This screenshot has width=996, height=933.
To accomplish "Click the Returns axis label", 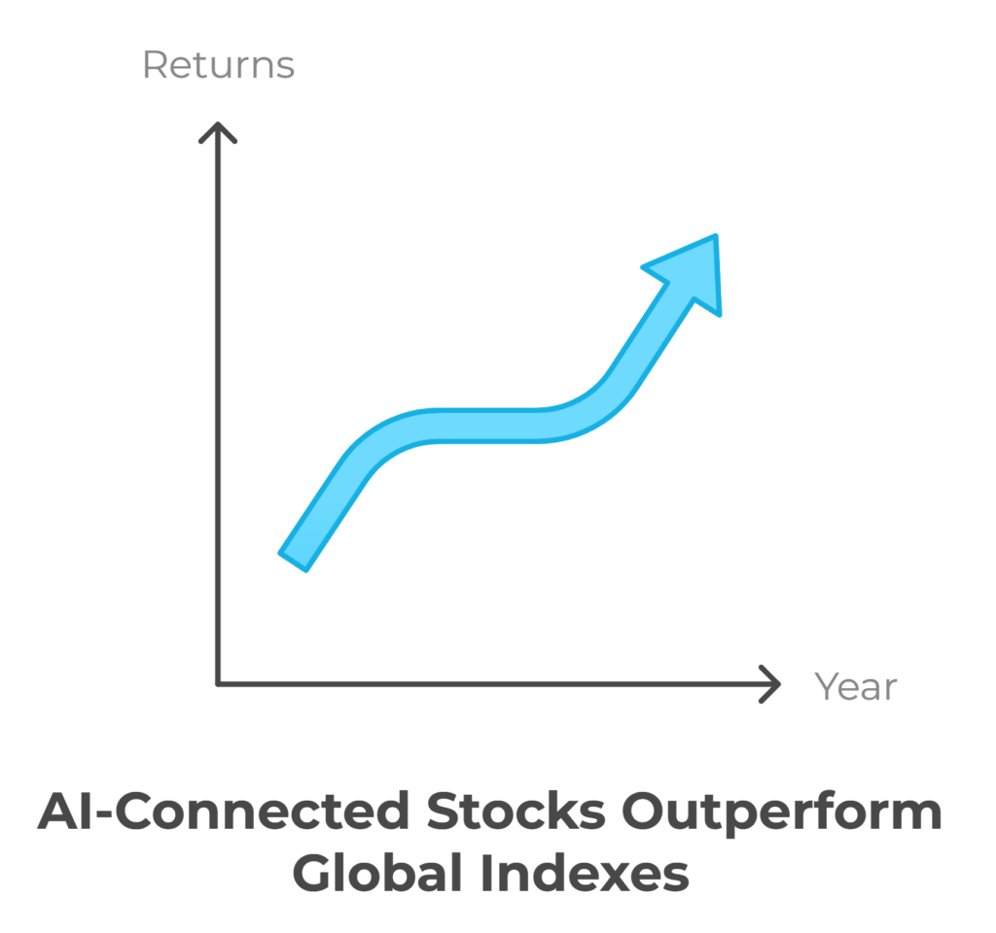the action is (219, 65).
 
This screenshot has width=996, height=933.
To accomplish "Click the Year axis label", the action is (856, 686).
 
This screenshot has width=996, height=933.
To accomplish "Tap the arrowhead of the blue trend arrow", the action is (689, 270).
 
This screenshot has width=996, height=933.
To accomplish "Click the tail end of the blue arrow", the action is (294, 561).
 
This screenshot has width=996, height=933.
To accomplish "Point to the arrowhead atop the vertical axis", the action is (218, 132).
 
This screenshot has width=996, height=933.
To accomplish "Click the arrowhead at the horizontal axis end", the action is (770, 684).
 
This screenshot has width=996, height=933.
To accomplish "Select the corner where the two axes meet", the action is (218, 684).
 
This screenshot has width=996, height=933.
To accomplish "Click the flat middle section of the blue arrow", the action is (489, 426).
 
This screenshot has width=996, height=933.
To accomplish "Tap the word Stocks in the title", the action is (516, 812).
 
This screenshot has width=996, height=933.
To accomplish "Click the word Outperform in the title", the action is (782, 813).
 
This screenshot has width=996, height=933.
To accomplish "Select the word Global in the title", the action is (377, 874).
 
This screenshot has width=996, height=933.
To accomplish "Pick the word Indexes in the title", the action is (585, 874).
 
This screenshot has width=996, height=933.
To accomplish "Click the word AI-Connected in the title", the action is (224, 812).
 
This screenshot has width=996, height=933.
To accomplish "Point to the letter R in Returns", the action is (155, 65).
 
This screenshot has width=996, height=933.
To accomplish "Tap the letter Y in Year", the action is (827, 686).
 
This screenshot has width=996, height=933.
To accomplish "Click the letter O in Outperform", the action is (645, 812).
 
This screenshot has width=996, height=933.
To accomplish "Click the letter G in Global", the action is (314, 874).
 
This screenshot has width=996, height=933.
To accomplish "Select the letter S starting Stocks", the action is (444, 812).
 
